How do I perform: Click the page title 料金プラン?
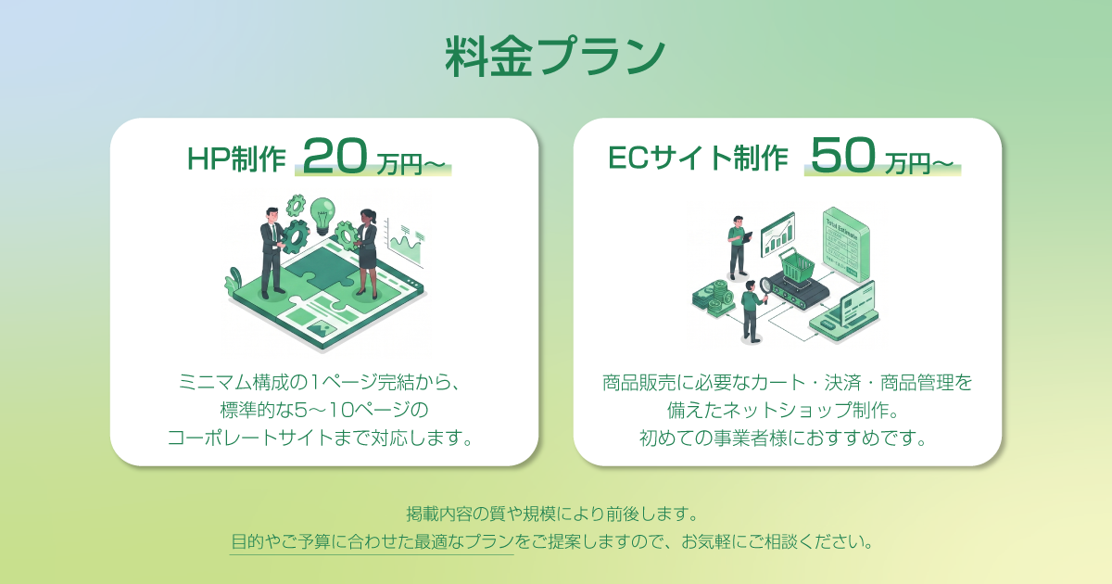(x=555, y=57)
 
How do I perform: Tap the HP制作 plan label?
(x=236, y=159)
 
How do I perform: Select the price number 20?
(x=335, y=156)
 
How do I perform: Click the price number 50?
(x=843, y=155)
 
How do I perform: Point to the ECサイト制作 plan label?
(x=698, y=159)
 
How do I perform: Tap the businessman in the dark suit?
(x=272, y=253)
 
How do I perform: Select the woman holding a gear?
(x=366, y=253)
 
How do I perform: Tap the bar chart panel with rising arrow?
(x=778, y=235)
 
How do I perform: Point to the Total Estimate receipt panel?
(x=846, y=245)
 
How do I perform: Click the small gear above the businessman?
(x=297, y=205)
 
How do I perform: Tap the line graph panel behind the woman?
(x=405, y=243)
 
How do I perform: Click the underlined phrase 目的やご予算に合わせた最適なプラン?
(x=372, y=541)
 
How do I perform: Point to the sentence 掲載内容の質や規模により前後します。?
(x=552, y=514)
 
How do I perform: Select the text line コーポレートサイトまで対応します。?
(x=321, y=438)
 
